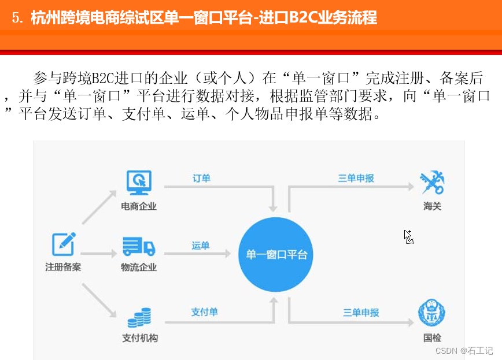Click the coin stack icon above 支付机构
click(139, 317)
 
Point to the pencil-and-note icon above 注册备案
click(64, 245)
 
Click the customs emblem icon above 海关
click(431, 183)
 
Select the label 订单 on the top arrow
click(201, 178)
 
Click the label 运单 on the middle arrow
click(201, 246)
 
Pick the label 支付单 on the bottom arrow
click(205, 312)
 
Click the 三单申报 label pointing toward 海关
click(356, 178)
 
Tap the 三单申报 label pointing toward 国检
click(361, 313)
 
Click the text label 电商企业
click(139, 206)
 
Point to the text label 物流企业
click(139, 268)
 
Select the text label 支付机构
click(140, 338)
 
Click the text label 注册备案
click(63, 268)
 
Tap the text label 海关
click(431, 206)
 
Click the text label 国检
click(431, 338)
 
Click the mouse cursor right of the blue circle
click(408, 236)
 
